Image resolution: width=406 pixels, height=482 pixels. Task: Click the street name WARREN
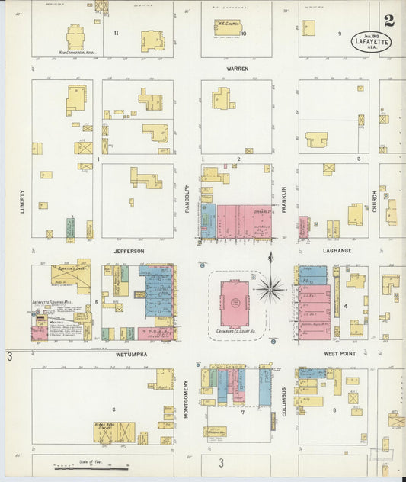point(236,68)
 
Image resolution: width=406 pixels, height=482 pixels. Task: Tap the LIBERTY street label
point(23,201)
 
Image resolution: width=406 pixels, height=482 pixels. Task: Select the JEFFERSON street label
point(129,250)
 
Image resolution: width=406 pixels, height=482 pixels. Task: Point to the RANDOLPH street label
point(187,198)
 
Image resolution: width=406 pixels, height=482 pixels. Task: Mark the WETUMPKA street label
point(130,355)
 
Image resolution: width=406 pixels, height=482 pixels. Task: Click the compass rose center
point(270,289)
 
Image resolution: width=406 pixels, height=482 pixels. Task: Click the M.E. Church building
point(227,27)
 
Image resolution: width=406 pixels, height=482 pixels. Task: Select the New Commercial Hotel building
point(75,37)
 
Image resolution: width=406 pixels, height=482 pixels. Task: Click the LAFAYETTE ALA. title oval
point(371,41)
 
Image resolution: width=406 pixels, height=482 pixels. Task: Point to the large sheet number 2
point(388,20)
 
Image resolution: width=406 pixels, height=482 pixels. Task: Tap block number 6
point(113,410)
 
